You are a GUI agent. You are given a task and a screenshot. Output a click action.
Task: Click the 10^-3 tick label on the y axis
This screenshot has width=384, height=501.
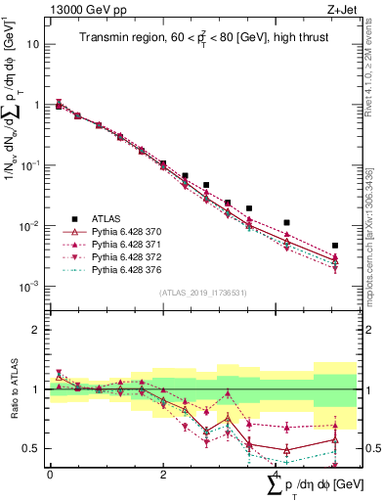[x=30, y=287]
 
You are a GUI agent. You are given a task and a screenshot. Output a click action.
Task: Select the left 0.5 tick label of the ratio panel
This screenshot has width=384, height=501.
[x=32, y=449]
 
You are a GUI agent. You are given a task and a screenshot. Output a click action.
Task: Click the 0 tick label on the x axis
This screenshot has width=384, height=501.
[x=50, y=475]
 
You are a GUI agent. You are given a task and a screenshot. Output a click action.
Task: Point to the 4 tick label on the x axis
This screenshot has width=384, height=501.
[x=277, y=475]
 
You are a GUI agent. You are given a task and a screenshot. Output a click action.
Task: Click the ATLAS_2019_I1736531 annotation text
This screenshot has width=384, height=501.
[x=202, y=293]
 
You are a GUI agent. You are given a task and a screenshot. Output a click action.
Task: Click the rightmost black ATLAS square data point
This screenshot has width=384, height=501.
[x=335, y=246]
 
